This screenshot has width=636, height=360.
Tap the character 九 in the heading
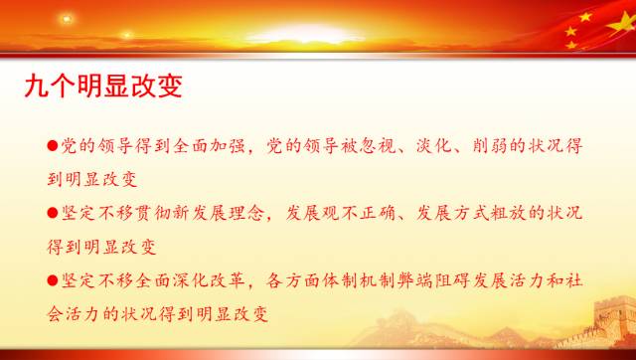point(39,86)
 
